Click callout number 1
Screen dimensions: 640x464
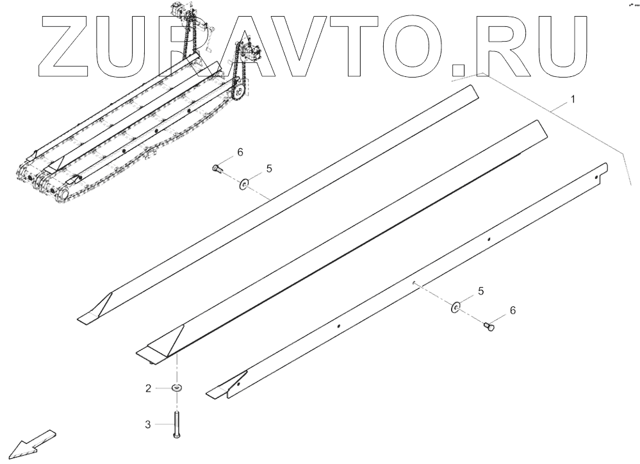[573, 99]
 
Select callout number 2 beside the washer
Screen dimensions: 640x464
[148, 388]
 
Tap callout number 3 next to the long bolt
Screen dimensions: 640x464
[148, 424]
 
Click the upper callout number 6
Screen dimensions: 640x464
[240, 152]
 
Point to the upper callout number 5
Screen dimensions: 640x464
[269, 169]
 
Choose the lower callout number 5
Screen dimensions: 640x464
[480, 291]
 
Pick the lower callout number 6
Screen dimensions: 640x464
[512, 310]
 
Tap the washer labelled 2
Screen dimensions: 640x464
[176, 388]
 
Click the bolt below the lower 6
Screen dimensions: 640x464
[489, 327]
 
